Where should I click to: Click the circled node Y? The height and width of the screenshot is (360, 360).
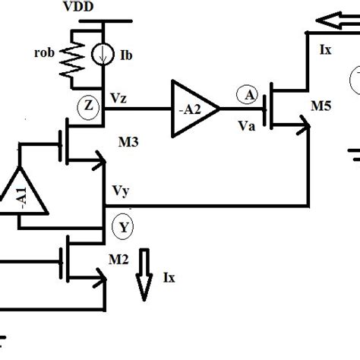point(122,226)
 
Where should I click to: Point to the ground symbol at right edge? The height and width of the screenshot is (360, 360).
point(352,156)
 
